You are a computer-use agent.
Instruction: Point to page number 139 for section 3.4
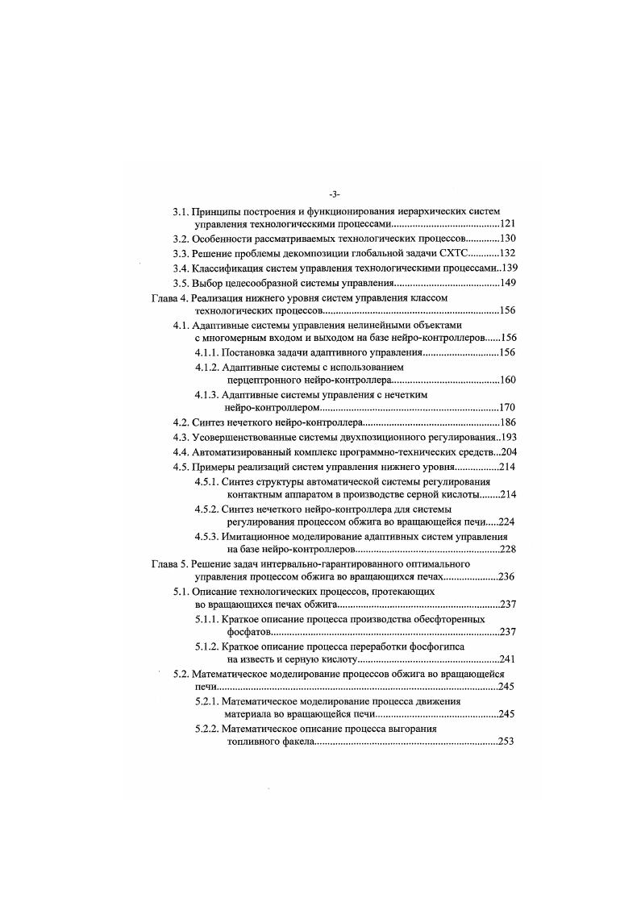coord(509,268)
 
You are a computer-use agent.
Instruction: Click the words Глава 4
coord(169,297)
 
